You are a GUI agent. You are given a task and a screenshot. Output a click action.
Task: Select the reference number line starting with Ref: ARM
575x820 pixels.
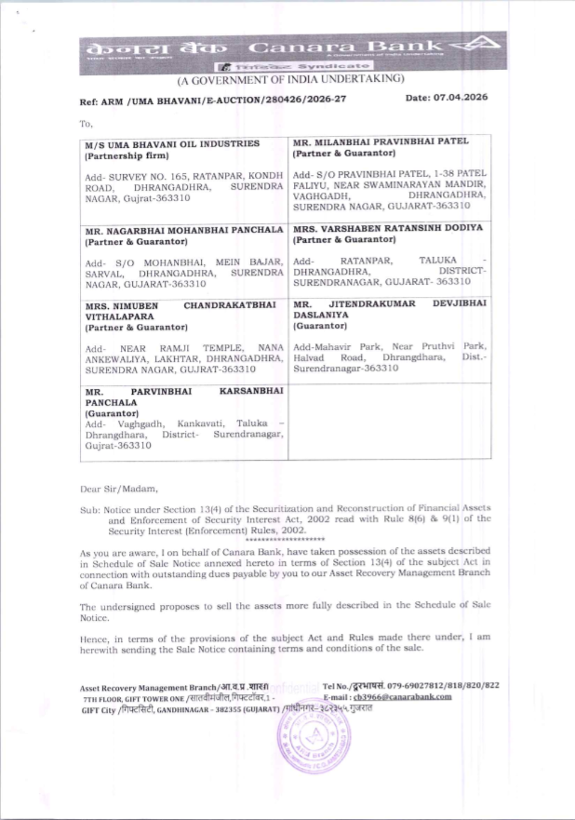[x=213, y=100]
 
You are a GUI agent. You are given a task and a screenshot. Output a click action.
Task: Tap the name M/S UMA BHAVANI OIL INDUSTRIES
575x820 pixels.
[x=172, y=144]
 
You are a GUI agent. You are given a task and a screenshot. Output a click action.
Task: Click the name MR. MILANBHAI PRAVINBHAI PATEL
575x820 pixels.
[x=381, y=141]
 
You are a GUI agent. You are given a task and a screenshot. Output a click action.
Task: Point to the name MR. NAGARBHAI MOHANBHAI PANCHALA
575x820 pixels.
[x=184, y=231]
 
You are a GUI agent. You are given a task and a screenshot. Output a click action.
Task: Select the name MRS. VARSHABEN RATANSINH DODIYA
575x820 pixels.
[x=388, y=228]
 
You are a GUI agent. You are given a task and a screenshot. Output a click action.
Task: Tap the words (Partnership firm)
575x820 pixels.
[x=126, y=156]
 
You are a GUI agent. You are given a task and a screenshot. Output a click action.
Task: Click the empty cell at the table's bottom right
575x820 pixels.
[x=389, y=421]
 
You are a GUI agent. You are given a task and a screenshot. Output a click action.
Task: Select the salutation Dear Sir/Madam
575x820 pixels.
[x=119, y=489]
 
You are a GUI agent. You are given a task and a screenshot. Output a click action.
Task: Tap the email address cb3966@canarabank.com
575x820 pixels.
[x=402, y=697]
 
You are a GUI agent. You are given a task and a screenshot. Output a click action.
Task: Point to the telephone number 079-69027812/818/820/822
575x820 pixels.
[x=443, y=685]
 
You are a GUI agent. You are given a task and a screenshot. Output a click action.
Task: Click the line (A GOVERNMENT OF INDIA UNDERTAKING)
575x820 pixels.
[x=290, y=79]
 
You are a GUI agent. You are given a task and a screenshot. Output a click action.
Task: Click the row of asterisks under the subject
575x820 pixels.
[x=285, y=539]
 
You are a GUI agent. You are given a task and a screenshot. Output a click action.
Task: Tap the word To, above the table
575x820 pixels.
[x=86, y=124]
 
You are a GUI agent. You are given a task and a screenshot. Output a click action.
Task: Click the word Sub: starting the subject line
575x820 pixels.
[x=90, y=509]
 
